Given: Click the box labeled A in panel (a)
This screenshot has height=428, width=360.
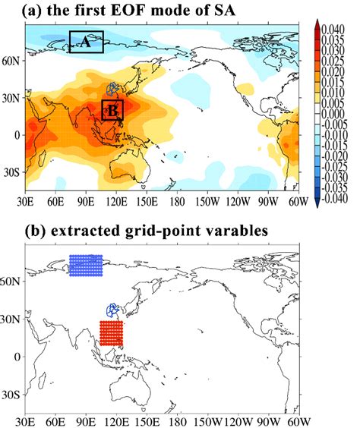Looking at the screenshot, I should [86, 42].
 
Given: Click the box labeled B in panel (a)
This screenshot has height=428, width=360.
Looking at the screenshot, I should [112, 110].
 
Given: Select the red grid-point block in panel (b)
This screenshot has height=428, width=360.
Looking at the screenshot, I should [111, 333].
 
